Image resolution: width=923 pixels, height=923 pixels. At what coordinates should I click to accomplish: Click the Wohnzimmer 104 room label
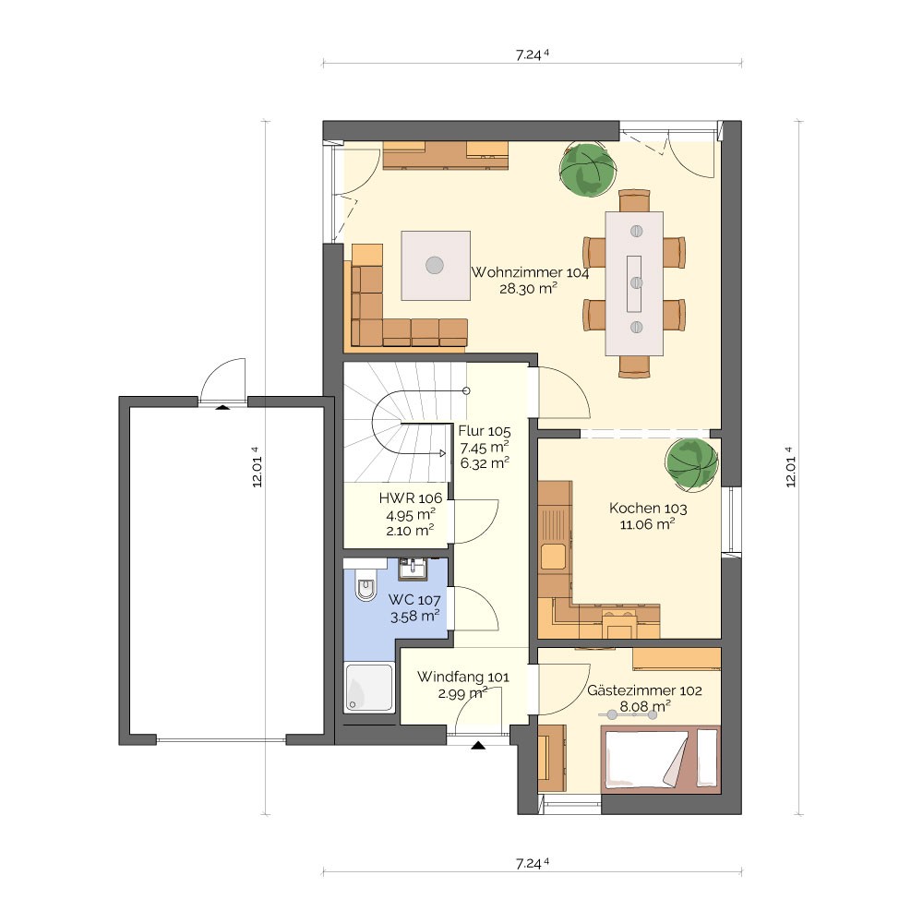pos(530,272)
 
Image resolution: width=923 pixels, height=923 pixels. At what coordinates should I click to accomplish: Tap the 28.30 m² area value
pos(528,288)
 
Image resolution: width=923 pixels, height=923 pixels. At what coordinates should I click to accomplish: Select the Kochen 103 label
pos(648,508)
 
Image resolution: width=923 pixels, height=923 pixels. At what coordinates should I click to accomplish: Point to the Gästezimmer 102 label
pos(644,690)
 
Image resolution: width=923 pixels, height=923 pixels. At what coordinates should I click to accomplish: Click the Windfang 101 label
pos(463,677)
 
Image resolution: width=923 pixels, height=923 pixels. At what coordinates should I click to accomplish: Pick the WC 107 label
pos(414,601)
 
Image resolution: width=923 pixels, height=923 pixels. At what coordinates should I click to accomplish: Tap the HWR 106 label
pos(411,498)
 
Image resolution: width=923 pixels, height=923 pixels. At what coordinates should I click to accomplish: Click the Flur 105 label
pos(485,431)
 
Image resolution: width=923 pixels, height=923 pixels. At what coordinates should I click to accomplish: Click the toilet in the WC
pos(366,585)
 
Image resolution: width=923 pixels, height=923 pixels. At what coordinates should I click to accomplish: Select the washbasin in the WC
pos(414,569)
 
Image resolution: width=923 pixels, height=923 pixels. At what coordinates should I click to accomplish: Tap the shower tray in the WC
pos(369,688)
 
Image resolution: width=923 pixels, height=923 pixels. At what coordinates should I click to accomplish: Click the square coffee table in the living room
pos(436,266)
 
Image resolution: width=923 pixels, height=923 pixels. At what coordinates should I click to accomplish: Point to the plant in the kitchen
pos(691,464)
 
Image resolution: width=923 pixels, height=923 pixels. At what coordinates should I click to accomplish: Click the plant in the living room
pos(587,170)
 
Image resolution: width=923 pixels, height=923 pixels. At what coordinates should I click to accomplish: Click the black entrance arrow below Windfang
pos(478,746)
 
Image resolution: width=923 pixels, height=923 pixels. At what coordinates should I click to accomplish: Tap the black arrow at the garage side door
pos(222,406)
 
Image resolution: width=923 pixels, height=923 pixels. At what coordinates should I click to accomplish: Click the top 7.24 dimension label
pos(533,54)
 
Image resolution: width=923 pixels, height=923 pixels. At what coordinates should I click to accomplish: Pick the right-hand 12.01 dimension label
pos(791,467)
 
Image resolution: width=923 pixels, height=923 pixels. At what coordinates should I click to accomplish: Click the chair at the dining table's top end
pos(635,200)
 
